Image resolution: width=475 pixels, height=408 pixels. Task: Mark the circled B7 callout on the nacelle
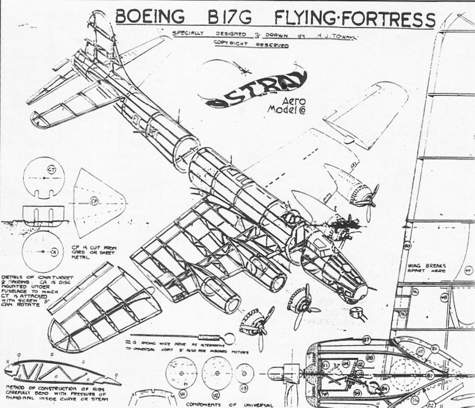click(367, 340)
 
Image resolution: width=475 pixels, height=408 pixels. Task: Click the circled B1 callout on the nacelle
click(325, 365)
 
